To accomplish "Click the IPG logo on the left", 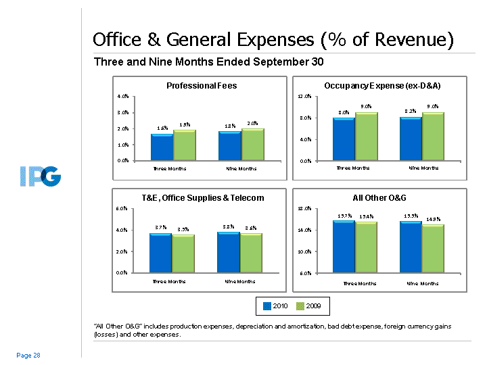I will coord(40,178).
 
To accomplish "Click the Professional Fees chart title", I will coord(202,86).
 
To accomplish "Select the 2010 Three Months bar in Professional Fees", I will coord(161,147).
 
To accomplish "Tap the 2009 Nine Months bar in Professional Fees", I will coord(253,144).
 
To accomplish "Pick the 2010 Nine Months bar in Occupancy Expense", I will coord(411,139).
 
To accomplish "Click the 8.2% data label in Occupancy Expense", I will coord(411,111).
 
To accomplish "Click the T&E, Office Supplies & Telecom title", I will coord(202,198).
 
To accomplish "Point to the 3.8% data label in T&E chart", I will coord(229,226).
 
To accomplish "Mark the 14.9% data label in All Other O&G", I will coord(434,219).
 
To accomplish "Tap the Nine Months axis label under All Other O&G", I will coord(423,283).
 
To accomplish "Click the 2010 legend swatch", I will coord(267,306).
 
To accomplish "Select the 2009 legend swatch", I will coord(301,306).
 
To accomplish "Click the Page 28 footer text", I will coord(28,355).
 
